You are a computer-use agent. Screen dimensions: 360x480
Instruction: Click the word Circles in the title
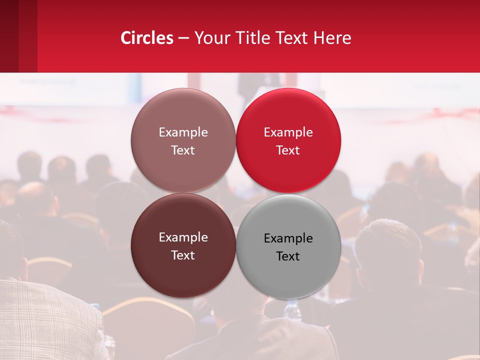click(147, 38)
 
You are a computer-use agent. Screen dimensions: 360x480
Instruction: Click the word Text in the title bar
click(291, 38)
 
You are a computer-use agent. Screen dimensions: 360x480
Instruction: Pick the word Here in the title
click(332, 38)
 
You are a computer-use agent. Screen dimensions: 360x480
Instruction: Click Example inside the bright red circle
click(288, 132)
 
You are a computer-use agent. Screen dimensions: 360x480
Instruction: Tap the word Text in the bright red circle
click(288, 150)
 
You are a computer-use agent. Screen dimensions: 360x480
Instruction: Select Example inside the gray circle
click(288, 238)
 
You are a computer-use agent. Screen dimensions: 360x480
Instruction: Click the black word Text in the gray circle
click(288, 256)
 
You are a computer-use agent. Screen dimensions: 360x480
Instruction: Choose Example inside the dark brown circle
click(183, 237)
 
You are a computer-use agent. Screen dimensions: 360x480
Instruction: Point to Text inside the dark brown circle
click(183, 255)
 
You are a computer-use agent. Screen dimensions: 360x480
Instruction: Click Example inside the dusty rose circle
click(183, 132)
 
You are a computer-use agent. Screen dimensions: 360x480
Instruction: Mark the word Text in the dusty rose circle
click(183, 150)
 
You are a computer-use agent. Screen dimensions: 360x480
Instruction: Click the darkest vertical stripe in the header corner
click(9, 36)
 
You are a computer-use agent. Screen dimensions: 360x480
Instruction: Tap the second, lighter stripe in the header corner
click(27, 36)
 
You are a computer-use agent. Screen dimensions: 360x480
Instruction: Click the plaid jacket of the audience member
click(45, 320)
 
